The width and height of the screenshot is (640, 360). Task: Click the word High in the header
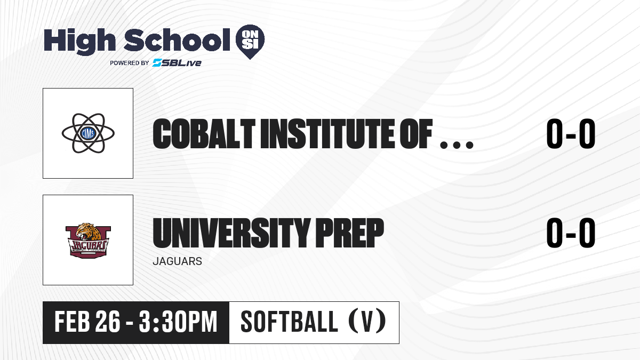[x=79, y=41]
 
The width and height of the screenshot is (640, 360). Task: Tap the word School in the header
[x=177, y=40]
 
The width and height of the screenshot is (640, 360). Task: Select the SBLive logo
[x=177, y=63]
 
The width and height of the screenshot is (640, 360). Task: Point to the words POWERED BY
[x=130, y=63]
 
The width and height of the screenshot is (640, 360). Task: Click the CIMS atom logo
[x=88, y=133]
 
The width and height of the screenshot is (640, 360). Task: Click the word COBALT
[x=204, y=134]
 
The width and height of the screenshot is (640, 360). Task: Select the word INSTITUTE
[x=328, y=134]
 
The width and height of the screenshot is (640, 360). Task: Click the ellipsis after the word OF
[x=457, y=145]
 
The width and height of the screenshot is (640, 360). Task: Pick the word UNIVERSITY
[x=231, y=233]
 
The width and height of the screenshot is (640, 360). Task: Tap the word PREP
[x=349, y=233]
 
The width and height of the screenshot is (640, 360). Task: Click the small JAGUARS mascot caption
[x=178, y=261]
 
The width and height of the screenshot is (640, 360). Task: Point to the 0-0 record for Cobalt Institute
[x=571, y=134]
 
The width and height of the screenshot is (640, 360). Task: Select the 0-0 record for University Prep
[x=571, y=233]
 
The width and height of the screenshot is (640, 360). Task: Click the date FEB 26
[x=87, y=322]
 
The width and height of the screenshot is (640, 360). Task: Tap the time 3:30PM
[x=178, y=322]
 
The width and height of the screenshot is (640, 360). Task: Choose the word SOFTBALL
[x=290, y=322]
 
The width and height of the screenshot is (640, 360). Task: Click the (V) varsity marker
[x=367, y=322]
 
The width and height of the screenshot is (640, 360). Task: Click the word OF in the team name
[x=416, y=134]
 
